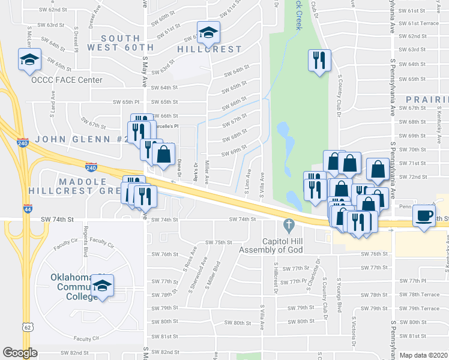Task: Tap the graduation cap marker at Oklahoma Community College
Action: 103,286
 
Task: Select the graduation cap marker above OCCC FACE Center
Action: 29,59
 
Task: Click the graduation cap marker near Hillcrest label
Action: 208,32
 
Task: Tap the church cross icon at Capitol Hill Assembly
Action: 288,225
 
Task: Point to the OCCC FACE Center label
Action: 67,80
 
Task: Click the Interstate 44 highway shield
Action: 28,209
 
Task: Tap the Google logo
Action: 20,353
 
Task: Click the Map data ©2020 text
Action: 423,355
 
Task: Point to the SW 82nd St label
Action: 74,353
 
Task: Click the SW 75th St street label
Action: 218,242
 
